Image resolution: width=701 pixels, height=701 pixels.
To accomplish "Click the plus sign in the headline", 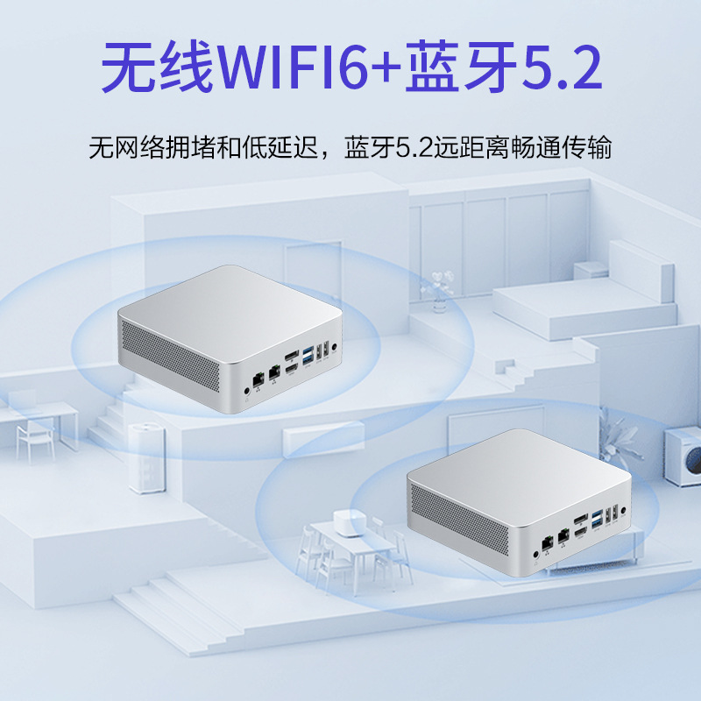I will pos(381,70).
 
